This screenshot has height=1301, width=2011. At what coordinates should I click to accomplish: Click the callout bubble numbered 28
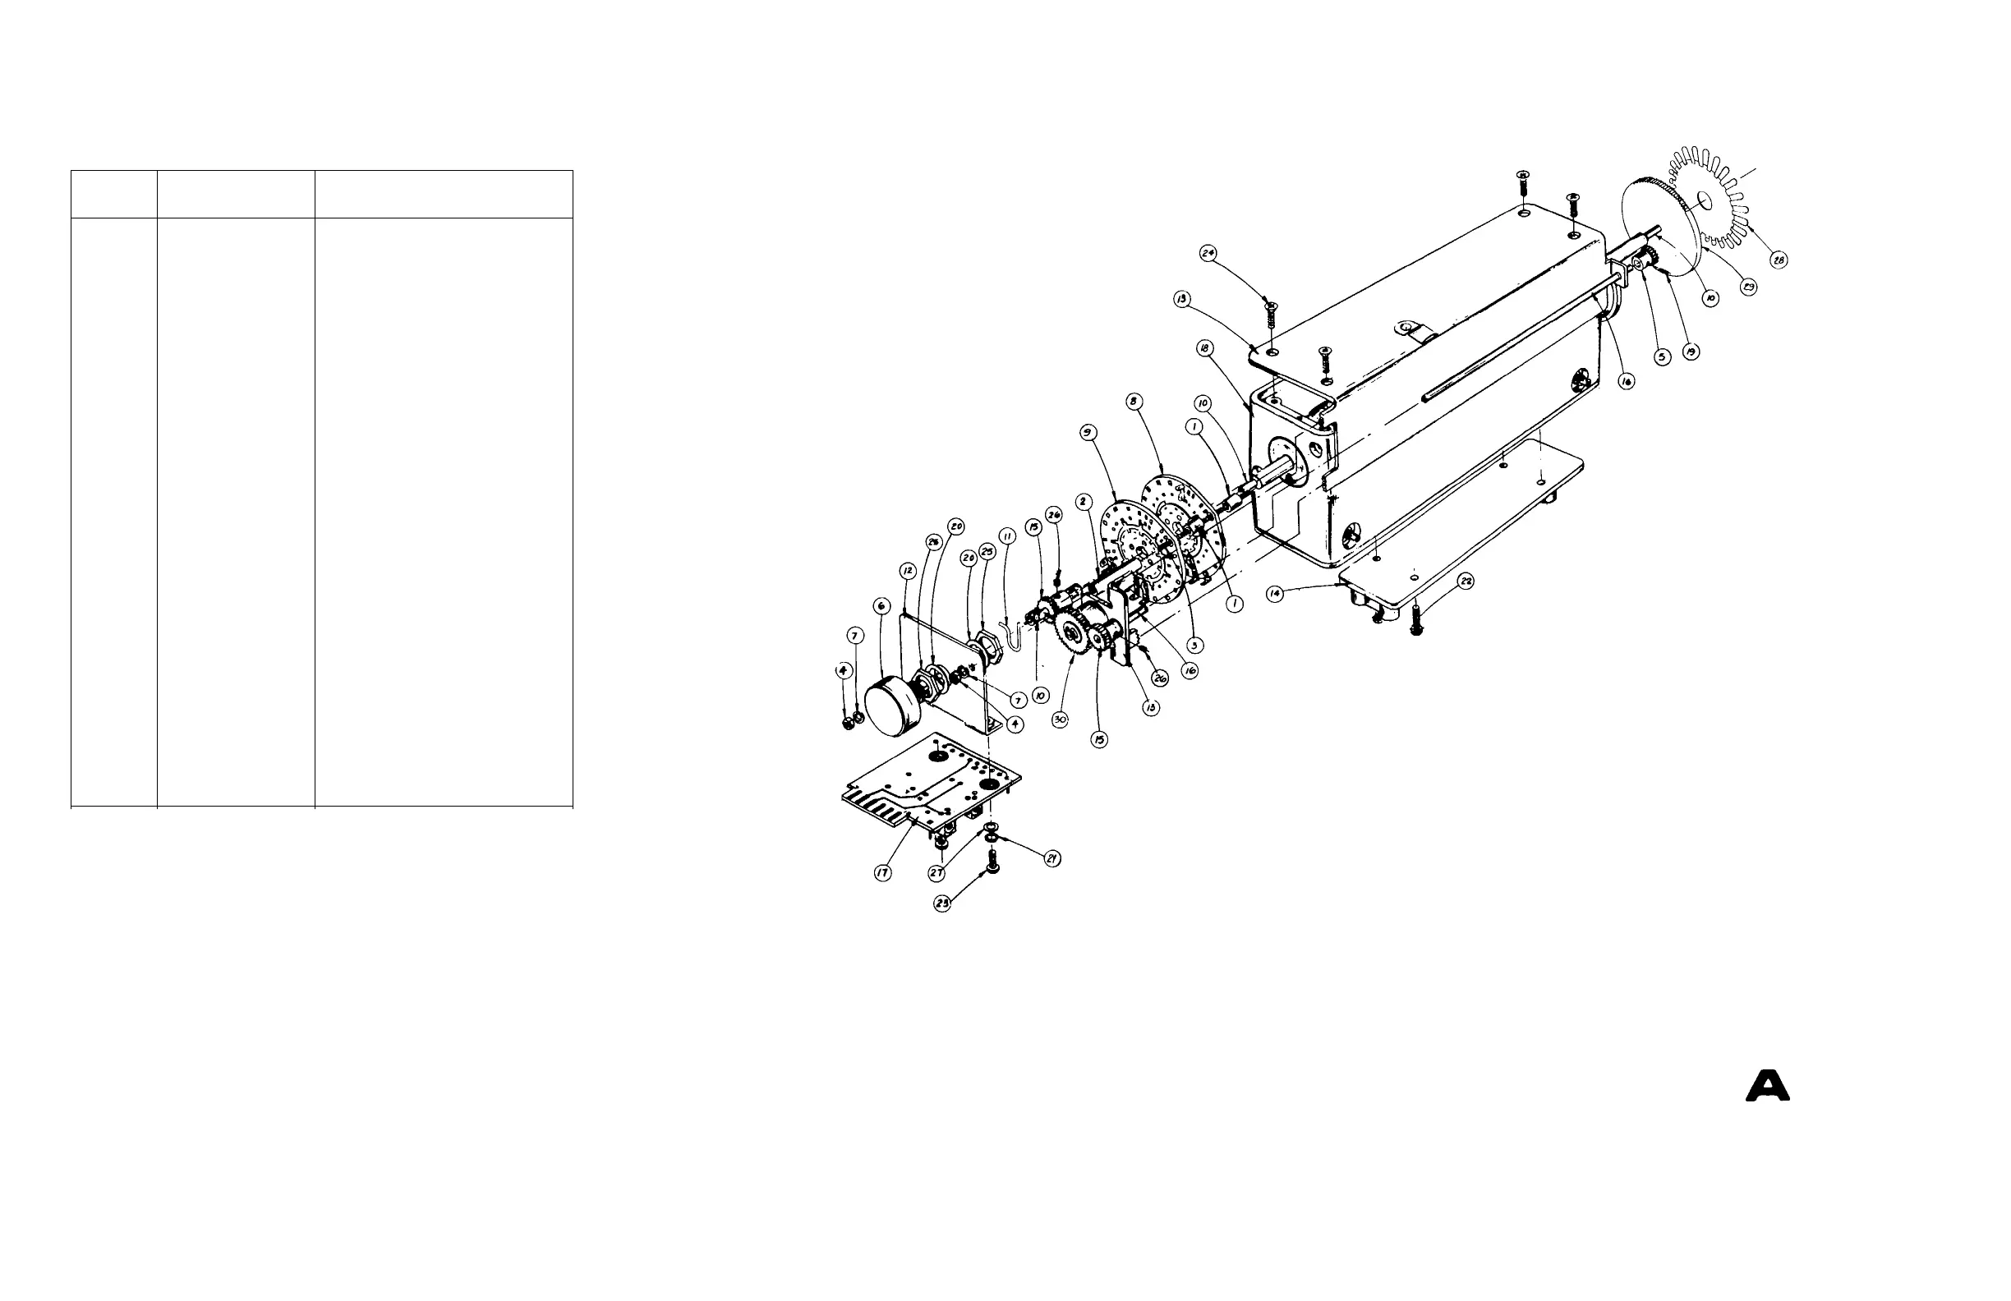[1779, 261]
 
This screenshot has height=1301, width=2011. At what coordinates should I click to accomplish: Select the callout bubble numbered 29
[1748, 287]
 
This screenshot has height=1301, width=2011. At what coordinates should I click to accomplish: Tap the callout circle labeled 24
[1208, 253]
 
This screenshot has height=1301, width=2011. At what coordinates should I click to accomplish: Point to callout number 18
[1205, 348]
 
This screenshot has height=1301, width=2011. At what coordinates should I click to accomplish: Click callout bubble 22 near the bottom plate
[1466, 582]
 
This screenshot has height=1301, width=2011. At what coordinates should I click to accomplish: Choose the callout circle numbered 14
[1273, 594]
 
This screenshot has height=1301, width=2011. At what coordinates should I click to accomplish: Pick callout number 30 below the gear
[1061, 719]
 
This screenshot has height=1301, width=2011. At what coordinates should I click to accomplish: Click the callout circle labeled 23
[942, 903]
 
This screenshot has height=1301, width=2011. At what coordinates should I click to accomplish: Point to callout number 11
[1007, 536]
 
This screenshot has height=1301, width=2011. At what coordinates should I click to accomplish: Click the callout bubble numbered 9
[1088, 433]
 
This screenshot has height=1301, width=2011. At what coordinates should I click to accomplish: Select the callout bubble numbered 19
[1691, 352]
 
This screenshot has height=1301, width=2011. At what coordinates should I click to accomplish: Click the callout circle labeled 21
[1052, 858]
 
